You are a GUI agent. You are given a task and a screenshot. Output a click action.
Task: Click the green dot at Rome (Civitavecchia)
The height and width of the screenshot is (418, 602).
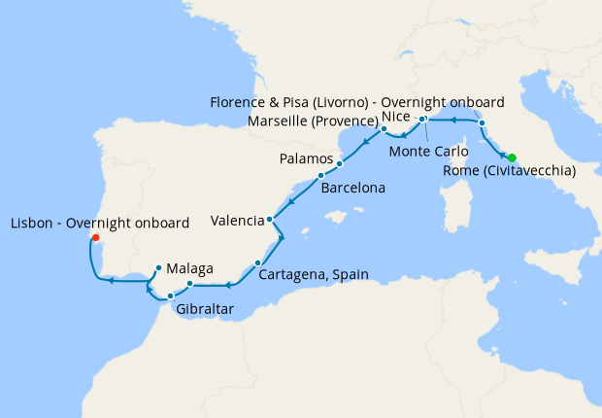point(512,158)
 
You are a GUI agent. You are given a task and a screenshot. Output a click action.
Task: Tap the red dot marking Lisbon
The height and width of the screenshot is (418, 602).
point(94,236)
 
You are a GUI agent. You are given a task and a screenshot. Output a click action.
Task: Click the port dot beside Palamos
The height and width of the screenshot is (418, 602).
point(339,163)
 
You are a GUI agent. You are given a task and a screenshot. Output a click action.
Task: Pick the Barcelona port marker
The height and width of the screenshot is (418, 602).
point(320,176)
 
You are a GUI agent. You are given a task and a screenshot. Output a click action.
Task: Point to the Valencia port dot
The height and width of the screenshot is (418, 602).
point(269,220)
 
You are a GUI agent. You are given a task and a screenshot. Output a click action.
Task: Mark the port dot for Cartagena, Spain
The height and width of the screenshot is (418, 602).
point(257,262)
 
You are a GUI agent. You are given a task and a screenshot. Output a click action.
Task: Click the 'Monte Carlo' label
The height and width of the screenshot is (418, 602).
point(423,152)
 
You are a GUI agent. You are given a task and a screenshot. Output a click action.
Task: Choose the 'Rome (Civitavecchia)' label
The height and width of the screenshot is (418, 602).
point(508,172)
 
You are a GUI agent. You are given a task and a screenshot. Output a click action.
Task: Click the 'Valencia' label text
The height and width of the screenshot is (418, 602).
point(237,221)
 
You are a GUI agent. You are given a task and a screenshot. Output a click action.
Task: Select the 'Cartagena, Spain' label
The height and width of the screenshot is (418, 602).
point(314,275)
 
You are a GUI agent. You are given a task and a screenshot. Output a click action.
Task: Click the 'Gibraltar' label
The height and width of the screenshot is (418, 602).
point(204,310)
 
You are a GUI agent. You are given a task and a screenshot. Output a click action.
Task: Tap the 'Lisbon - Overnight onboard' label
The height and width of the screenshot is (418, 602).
point(98,224)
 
